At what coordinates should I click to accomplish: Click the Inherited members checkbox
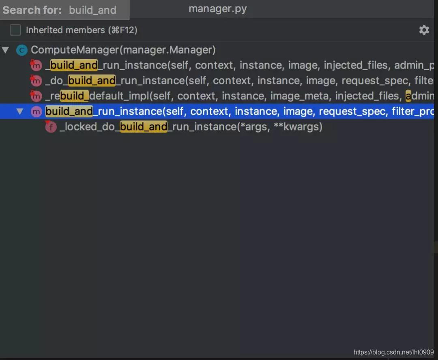click(15, 30)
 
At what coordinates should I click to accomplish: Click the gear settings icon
click(424, 30)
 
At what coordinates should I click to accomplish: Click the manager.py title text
click(217, 9)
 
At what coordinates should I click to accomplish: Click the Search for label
click(32, 10)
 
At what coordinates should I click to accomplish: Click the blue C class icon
click(21, 50)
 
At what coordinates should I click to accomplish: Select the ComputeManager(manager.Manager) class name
click(123, 50)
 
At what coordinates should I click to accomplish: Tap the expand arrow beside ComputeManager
click(5, 50)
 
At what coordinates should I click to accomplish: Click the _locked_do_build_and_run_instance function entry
click(191, 127)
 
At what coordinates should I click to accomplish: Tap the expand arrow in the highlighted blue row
click(20, 111)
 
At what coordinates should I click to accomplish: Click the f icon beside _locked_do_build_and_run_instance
click(51, 127)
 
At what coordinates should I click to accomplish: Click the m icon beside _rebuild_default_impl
click(36, 96)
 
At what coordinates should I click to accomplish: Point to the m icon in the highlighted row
click(36, 111)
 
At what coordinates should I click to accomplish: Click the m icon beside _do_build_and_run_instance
click(36, 81)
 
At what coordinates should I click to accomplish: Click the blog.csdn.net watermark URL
click(393, 352)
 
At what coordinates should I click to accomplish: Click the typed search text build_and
click(92, 10)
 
